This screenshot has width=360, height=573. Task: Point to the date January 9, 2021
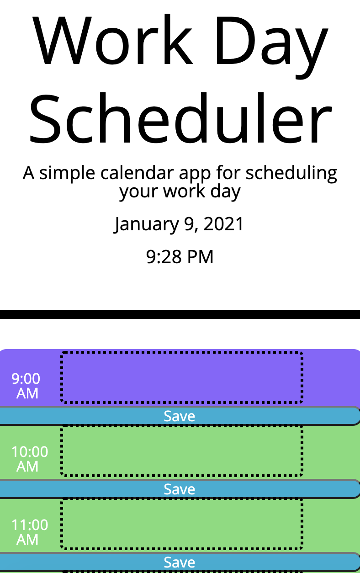pyautogui.click(x=180, y=224)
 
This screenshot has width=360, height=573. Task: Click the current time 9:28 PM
pyautogui.click(x=180, y=257)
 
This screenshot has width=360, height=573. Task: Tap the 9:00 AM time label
pyautogui.click(x=26, y=386)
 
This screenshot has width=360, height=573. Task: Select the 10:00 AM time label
pyautogui.click(x=29, y=459)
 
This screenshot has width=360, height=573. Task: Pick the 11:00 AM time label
pyautogui.click(x=29, y=532)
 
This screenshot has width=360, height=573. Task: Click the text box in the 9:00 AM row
pyautogui.click(x=182, y=377)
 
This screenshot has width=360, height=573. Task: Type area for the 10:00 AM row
pyautogui.click(x=182, y=451)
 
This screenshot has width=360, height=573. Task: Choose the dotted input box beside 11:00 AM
pyautogui.click(x=182, y=524)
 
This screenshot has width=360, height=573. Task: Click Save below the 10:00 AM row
pyautogui.click(x=180, y=489)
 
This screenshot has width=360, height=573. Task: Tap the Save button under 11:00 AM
pyautogui.click(x=180, y=562)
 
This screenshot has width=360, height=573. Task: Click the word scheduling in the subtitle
pyautogui.click(x=293, y=174)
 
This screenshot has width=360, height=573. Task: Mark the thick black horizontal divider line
pyautogui.click(x=180, y=314)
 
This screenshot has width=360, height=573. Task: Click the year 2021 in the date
pyautogui.click(x=223, y=224)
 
